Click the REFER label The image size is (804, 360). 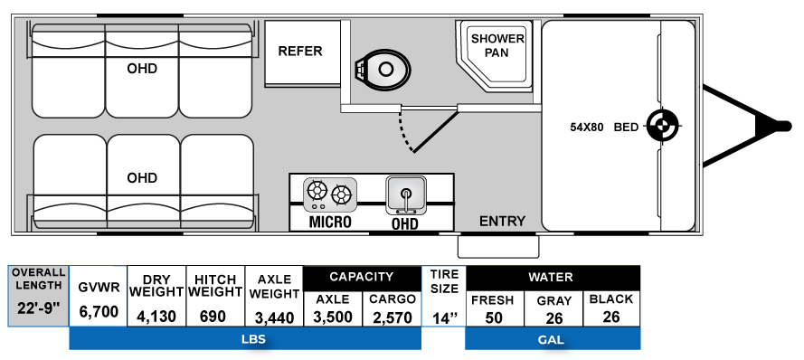[299, 51]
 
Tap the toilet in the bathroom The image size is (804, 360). [383, 69]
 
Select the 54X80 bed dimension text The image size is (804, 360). [586, 127]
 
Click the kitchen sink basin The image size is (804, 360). [405, 193]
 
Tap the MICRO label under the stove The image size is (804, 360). [330, 222]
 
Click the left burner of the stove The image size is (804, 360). [317, 192]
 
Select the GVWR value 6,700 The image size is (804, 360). [99, 312]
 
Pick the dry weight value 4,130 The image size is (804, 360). [156, 317]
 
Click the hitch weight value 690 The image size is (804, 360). [214, 317]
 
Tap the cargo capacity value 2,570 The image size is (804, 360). [392, 317]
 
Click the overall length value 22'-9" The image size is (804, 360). [38, 308]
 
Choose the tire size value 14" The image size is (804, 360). [443, 317]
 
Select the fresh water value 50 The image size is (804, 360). [494, 317]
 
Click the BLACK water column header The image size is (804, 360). [610, 299]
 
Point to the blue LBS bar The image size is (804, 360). [245, 339]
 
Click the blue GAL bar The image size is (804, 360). [553, 339]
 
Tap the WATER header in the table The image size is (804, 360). [553, 278]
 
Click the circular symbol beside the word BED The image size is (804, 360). [661, 128]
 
